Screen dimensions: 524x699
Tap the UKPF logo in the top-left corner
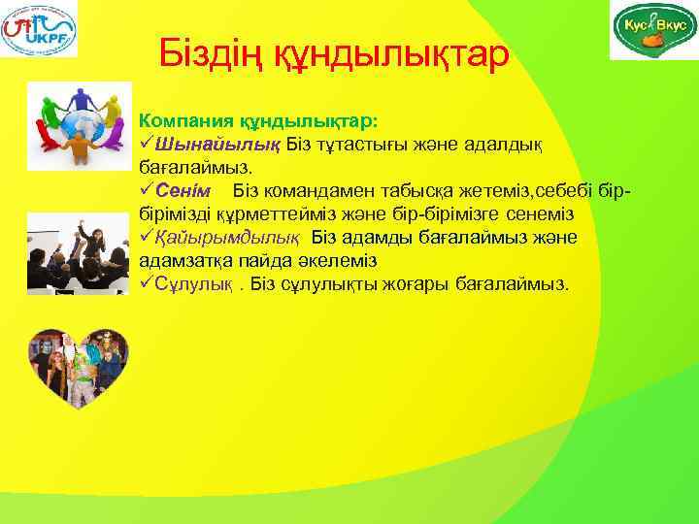point(40,29)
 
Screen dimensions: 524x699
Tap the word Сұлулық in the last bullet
point(194,284)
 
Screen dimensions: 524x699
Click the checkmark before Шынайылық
point(147,144)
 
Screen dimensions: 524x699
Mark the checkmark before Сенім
point(147,189)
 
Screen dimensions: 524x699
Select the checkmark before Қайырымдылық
point(147,237)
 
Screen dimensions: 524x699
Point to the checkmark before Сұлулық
point(147,284)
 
